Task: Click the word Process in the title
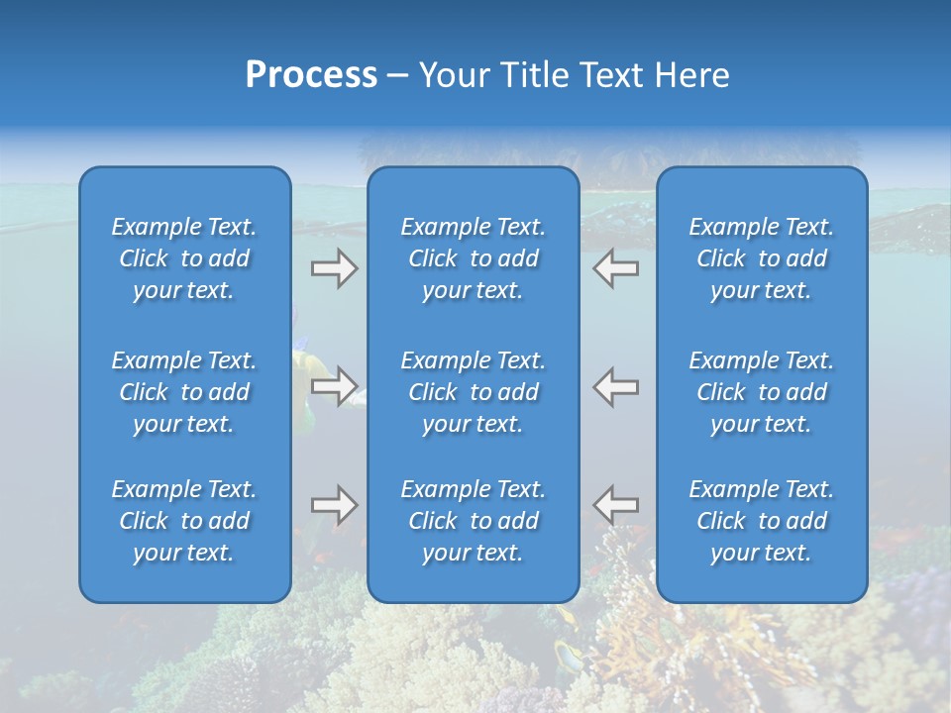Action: coord(311,75)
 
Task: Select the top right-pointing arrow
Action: coord(335,268)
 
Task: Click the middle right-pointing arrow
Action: coord(335,386)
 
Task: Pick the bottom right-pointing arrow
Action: coord(335,505)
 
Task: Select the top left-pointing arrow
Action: coord(615,268)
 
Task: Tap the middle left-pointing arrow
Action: coord(615,386)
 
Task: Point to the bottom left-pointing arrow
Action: coord(615,505)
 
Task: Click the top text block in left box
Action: coord(184,258)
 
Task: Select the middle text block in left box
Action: coord(184,392)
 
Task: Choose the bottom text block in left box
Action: coord(184,521)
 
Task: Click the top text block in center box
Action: coord(473,258)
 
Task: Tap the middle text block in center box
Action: coord(473,392)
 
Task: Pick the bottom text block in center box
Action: coord(473,521)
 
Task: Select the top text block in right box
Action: coord(761,258)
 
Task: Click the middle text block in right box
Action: coord(761,392)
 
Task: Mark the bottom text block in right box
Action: coord(761,521)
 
